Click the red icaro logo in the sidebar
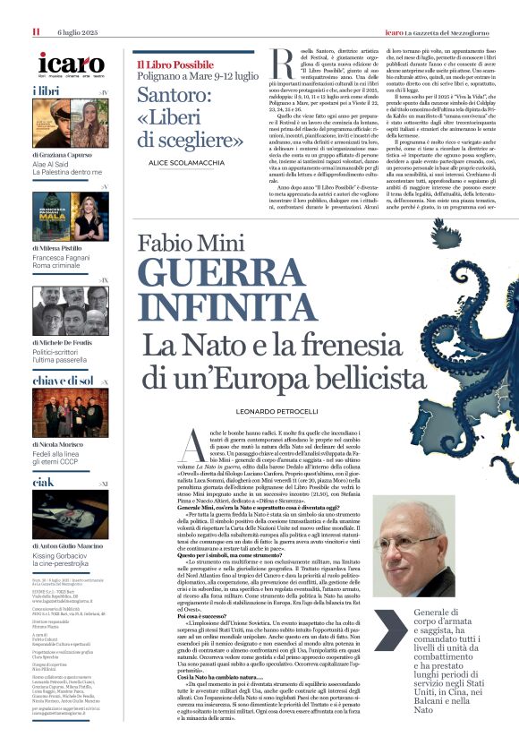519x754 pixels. pos(72,64)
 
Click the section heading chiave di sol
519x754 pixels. pos(62,381)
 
